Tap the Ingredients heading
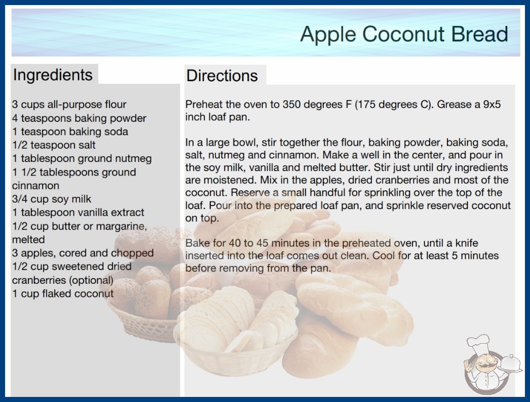pos(53,75)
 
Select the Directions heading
pos(222,76)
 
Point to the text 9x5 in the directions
pos(492,105)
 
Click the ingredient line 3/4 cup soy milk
pos(52,199)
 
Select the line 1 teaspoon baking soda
pos(70,131)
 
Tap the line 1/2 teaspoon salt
pos(54,145)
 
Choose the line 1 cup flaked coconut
pos(63,293)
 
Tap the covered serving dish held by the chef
pos(511,364)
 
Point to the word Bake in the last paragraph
pos(197,243)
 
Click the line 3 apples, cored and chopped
pos(83,253)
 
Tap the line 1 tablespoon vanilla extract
pos(78,212)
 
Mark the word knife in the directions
pos(467,243)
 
